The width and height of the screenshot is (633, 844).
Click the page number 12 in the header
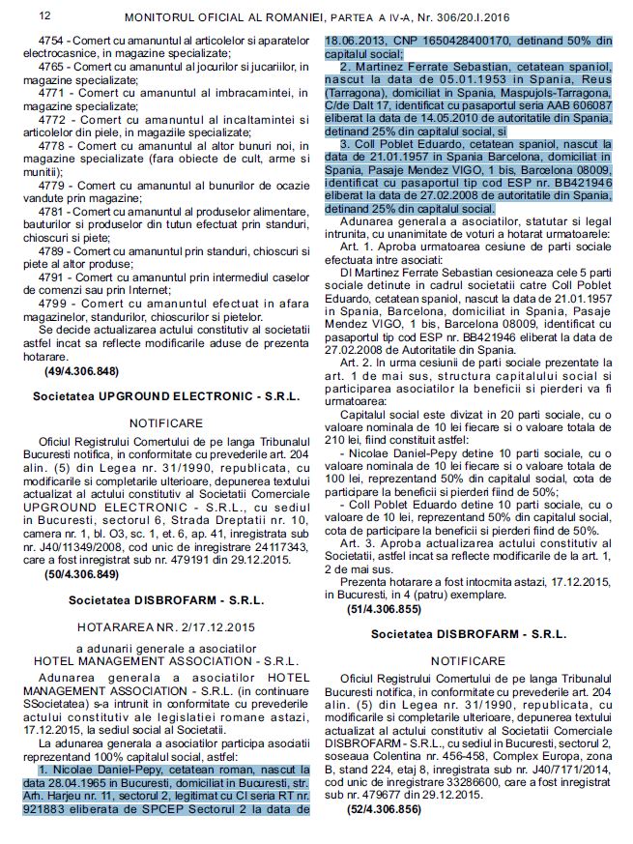pos(16,16)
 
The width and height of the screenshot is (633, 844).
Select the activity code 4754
pos(53,41)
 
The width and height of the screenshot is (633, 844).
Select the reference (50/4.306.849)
pos(82,573)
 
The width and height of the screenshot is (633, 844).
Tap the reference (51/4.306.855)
pos(384,609)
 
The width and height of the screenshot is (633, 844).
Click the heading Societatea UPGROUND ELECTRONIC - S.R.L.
pos(166,396)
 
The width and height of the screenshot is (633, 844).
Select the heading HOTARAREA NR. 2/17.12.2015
pos(167,625)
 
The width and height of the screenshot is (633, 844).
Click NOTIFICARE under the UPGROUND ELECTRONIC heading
pos(166,422)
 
